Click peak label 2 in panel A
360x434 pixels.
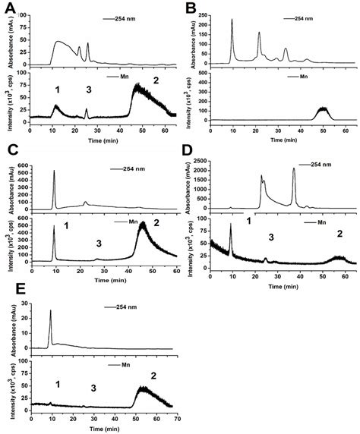pyautogui.click(x=156, y=79)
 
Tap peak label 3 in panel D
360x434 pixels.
pyautogui.click(x=270, y=237)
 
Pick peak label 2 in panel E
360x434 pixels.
pyautogui.click(x=155, y=375)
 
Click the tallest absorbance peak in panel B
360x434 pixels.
pyautogui.click(x=232, y=21)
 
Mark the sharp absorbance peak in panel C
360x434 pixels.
pyautogui.click(x=54, y=171)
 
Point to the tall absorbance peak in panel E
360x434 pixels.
pyautogui.click(x=50, y=311)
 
